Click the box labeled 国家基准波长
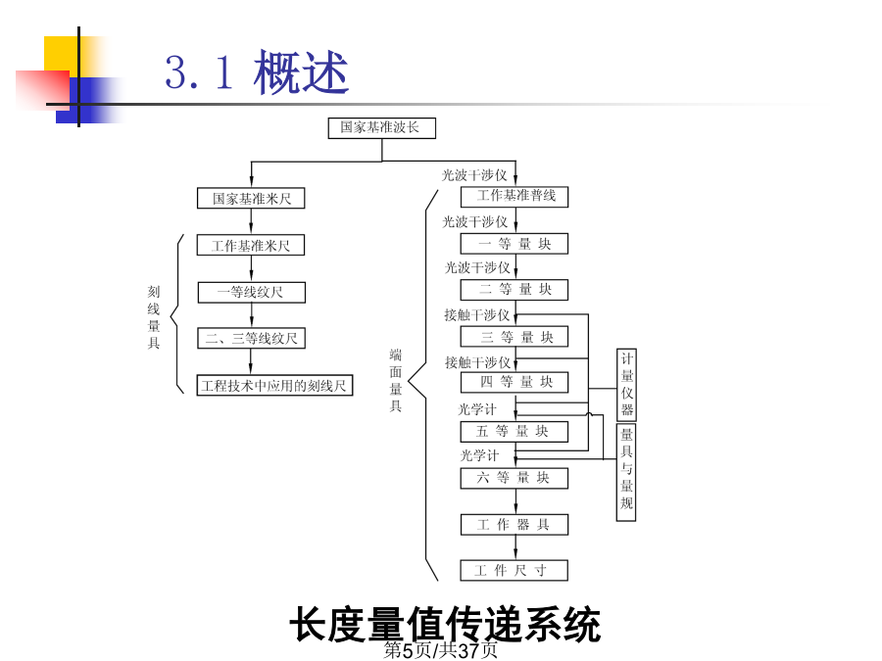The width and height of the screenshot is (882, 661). pos(382,127)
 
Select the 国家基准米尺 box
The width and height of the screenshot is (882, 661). pos(251,198)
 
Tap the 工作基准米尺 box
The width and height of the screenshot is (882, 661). pos(251,245)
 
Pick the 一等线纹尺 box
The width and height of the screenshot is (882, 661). pos(252,292)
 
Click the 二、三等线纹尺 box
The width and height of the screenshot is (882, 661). pos(252,339)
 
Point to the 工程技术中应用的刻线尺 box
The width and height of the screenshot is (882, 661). pos(274,386)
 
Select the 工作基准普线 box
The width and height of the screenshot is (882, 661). pos(514,197)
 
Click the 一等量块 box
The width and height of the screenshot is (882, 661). pos(514,244)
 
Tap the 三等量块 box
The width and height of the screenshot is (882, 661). pos(514,337)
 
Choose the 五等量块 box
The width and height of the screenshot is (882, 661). pos(514,432)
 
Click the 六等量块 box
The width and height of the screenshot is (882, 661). pos(514,478)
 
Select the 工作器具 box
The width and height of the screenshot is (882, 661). pos(514,525)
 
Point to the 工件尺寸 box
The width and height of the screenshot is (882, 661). pos(514,570)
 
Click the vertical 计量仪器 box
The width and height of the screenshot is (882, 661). pos(626,385)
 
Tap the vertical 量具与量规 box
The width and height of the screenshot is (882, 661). pos(626,473)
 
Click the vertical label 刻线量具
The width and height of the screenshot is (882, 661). pos(154,317)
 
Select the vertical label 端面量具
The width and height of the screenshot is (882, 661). pos(396,381)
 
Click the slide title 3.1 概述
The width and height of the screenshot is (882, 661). pos(257,71)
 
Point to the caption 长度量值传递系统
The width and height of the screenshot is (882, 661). pos(445,624)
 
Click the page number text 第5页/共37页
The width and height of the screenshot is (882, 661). pos(440,650)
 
